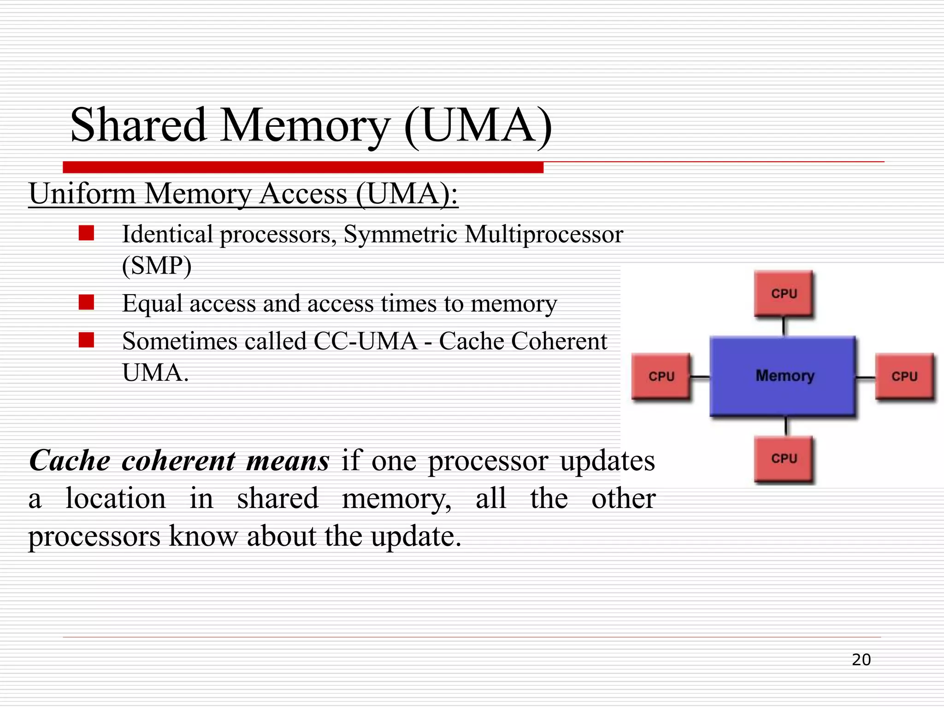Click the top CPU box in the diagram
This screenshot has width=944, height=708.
click(x=784, y=293)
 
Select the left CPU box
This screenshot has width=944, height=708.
click(x=661, y=376)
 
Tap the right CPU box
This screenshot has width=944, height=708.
click(x=904, y=376)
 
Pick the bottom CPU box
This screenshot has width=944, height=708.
click(x=784, y=459)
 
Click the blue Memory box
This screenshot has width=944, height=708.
click(x=784, y=376)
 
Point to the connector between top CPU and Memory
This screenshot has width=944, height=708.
click(x=784, y=326)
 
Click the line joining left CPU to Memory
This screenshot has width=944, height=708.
click(x=700, y=377)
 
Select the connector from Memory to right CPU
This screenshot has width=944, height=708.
click(x=866, y=378)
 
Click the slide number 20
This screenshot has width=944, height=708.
click(x=861, y=660)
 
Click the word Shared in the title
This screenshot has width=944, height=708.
click(x=138, y=125)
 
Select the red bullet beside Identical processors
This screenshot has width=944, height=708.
click(x=86, y=233)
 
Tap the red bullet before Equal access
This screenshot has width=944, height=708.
click(x=86, y=302)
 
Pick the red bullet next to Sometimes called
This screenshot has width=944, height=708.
click(x=86, y=340)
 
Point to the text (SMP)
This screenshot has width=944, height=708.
click(x=157, y=265)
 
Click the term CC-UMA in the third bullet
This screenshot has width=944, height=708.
click(x=365, y=341)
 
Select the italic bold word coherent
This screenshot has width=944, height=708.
click(x=178, y=460)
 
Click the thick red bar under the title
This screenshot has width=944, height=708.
click(x=303, y=167)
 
